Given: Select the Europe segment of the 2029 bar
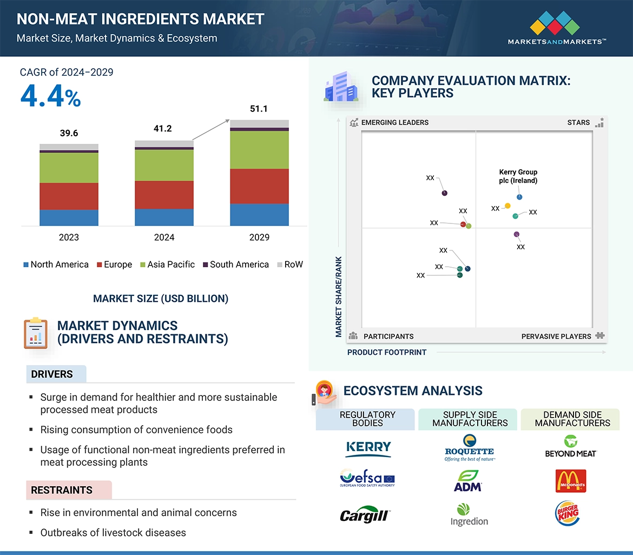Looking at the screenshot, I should (259, 186).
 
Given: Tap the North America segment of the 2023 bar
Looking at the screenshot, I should (69, 217).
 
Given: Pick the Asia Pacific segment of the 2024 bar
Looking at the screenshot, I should (164, 165).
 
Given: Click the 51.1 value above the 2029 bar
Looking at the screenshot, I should (259, 109).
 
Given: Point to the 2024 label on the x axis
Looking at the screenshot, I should (164, 237).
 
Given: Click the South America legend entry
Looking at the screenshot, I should (235, 265).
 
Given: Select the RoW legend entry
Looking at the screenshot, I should (290, 265).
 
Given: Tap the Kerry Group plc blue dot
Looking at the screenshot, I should (519, 197).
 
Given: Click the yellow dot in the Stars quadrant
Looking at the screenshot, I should (507, 206).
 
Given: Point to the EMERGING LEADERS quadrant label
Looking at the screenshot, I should (394, 122).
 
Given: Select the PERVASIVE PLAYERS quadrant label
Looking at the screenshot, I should (556, 336).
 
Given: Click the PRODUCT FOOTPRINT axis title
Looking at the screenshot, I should (387, 352).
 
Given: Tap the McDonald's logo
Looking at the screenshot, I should (571, 481).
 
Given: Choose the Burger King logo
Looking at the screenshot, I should (567, 513).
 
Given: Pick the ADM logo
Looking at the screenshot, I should (468, 481).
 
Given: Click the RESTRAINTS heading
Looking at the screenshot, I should (62, 490).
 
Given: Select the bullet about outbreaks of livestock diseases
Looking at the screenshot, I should (113, 532).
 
